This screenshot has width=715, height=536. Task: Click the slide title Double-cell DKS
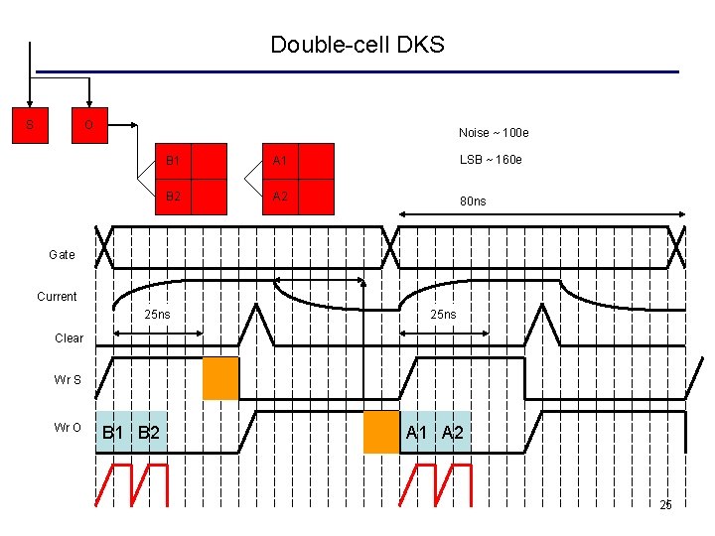[357, 45]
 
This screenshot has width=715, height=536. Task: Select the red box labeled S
[30, 125]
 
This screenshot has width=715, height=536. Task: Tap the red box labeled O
[89, 125]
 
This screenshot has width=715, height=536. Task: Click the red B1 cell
[191, 160]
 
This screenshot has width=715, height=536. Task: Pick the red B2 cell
[191, 197]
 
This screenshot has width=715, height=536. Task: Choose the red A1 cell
[297, 160]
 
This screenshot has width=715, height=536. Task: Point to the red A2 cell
[297, 197]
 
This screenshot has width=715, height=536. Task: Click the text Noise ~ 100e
[494, 133]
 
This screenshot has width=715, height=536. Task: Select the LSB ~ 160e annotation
[491, 160]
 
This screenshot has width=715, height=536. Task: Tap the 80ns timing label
[473, 201]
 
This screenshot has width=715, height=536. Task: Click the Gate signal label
[62, 255]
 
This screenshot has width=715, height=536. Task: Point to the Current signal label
[57, 297]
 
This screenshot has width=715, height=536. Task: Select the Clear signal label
[69, 338]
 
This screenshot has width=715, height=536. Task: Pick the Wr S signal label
[69, 380]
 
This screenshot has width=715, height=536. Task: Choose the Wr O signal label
[69, 428]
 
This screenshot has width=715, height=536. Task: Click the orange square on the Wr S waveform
[220, 377]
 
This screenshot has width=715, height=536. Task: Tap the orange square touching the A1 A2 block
[380, 432]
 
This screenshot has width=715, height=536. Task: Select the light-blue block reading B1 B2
[132, 432]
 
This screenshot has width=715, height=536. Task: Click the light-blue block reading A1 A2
[435, 432]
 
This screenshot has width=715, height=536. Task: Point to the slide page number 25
[665, 505]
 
